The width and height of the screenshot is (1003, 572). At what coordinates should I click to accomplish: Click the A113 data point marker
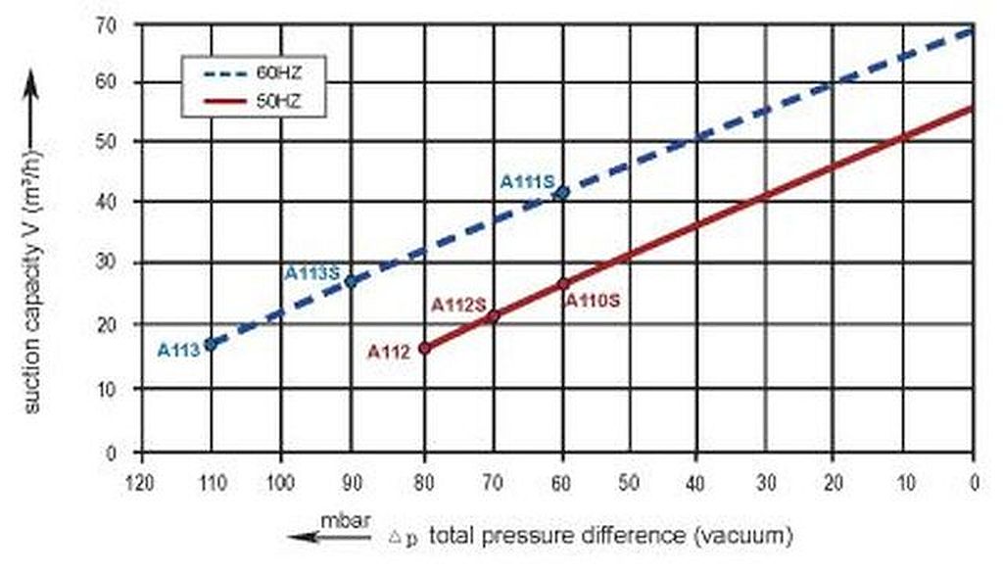[x=210, y=345]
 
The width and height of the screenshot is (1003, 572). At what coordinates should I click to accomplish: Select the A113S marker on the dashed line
[x=351, y=281]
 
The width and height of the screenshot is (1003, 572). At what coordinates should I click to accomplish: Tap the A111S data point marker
[x=562, y=192]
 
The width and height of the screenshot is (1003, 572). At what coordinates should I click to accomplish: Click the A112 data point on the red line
[x=424, y=348]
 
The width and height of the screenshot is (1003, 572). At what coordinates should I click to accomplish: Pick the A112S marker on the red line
[x=494, y=315]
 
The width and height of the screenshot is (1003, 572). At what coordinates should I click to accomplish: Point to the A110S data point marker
[x=563, y=283]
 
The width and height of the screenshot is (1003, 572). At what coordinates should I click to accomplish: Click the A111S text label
[x=527, y=181]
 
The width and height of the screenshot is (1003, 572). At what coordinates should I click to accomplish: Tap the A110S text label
[x=591, y=301]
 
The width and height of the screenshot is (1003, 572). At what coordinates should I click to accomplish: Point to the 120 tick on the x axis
[x=144, y=482]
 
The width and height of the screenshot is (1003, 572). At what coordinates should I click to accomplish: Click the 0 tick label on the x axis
[x=973, y=482]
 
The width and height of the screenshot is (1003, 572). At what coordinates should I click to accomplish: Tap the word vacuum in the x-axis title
[x=752, y=537]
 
